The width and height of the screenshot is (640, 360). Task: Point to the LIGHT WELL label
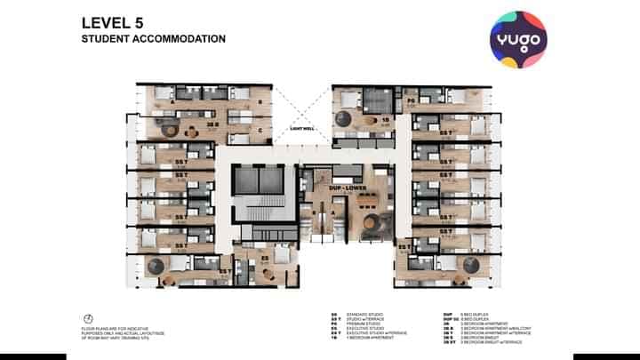coord(303,128)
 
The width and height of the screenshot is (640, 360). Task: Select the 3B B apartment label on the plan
coord(212,124)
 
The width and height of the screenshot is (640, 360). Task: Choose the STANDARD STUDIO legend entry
coord(356,314)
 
